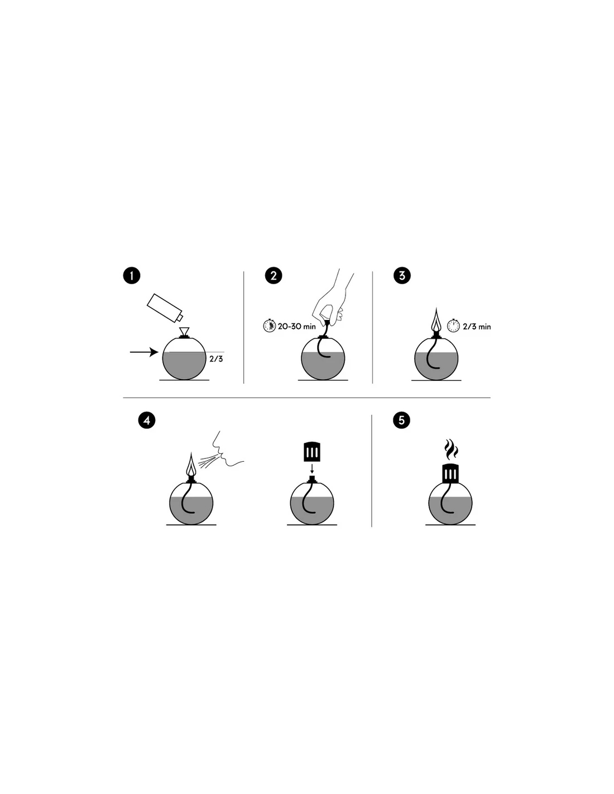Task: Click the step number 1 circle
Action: (x=132, y=275)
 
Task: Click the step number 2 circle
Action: (x=274, y=275)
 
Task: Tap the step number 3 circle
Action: (x=402, y=275)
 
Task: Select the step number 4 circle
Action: (x=146, y=420)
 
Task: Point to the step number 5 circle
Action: (x=401, y=420)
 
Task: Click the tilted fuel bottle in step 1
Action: (x=165, y=308)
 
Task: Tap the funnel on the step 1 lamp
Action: (x=184, y=332)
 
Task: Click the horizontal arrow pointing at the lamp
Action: (x=144, y=352)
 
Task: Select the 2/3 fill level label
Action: (x=216, y=359)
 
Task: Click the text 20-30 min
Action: (x=296, y=326)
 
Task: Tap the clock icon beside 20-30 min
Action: (x=270, y=326)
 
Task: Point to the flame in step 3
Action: (x=436, y=320)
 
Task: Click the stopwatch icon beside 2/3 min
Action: (x=453, y=326)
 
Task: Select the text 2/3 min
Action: (x=477, y=327)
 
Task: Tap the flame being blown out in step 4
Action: (x=191, y=464)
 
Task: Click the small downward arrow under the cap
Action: (x=311, y=468)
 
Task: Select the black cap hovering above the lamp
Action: (x=311, y=452)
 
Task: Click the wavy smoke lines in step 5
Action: (x=450, y=449)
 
